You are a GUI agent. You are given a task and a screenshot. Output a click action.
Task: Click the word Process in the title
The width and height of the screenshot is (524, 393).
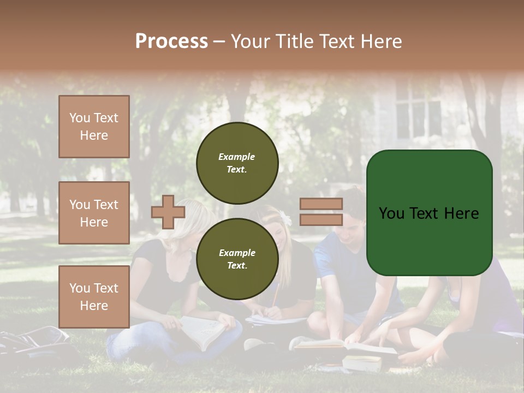point(171,41)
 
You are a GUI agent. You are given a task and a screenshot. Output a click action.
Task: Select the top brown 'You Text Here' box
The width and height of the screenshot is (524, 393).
point(94,127)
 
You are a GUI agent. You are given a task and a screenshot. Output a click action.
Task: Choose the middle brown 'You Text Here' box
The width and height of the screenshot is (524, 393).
point(94,213)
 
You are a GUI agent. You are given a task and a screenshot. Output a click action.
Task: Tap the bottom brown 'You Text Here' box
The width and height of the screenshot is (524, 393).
point(94,296)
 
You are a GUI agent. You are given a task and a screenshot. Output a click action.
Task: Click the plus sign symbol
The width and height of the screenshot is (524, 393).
point(168,212)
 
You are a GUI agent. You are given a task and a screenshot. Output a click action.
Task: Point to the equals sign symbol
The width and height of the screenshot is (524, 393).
point(321,212)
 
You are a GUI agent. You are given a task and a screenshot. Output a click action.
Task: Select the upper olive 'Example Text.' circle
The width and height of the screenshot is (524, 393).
point(237,163)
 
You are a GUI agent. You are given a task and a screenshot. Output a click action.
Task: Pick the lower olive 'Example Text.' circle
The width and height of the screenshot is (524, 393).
point(237,259)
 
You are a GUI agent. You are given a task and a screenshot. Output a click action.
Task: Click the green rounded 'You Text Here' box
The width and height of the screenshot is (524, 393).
point(429,213)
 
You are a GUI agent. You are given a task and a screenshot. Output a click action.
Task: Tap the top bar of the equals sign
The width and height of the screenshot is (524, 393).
point(321,204)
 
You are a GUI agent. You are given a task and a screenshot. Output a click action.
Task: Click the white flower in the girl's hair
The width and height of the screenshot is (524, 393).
point(285,218)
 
